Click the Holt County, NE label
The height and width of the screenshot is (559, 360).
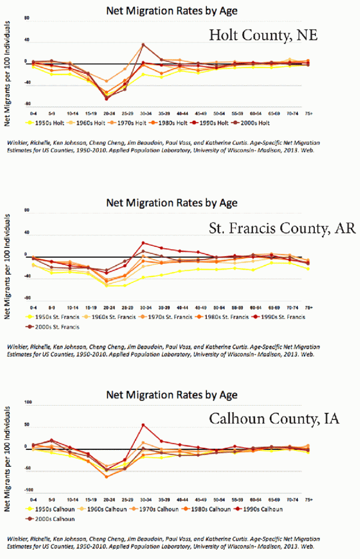coord(263,36)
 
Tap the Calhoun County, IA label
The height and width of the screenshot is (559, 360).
coord(274,419)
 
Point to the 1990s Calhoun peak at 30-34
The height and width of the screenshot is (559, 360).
coord(143,425)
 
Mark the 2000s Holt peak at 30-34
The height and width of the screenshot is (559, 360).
coord(143,45)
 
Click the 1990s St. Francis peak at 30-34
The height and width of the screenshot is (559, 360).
coord(143,242)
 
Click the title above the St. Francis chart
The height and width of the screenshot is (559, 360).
coord(172,203)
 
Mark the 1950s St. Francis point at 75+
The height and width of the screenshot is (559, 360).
coord(308,269)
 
